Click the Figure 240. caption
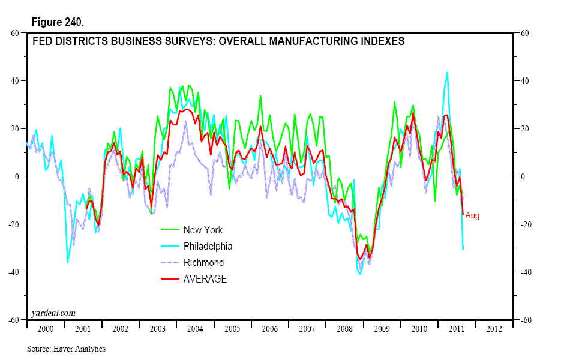57,22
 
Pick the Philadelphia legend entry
208,246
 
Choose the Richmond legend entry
203,263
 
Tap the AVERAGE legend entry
205,279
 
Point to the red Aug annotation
472,216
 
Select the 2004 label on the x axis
195,329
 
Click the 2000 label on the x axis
45,329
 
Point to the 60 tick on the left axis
16,33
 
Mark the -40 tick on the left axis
15,272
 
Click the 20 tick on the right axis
524,128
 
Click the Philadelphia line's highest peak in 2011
447,73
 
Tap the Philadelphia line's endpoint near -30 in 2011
463,248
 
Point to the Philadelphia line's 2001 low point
67,262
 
